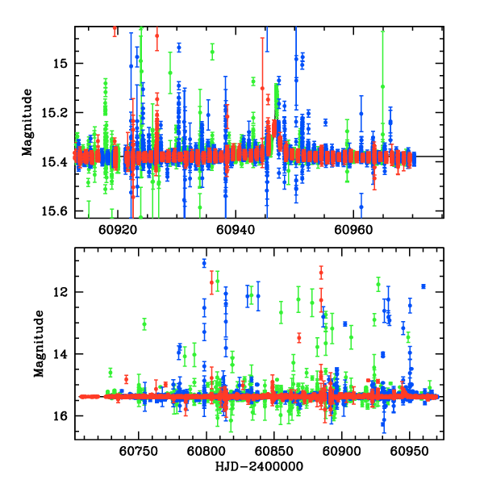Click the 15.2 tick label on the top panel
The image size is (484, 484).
tap(60, 112)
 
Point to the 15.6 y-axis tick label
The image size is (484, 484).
tap(60, 211)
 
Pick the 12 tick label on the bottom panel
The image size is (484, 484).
tap(63, 292)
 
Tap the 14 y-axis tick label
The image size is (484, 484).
tap(63, 354)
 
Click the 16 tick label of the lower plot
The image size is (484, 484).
tap(63, 416)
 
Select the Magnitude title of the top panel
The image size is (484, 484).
tap(27, 122)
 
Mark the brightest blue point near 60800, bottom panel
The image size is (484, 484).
tap(204, 263)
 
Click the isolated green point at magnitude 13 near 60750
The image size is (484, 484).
tap(144, 324)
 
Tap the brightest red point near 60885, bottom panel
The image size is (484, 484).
tap(321, 272)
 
